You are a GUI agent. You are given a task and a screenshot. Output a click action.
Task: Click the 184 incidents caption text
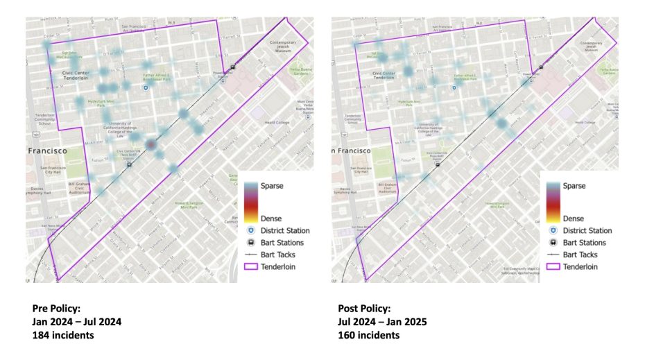coord(64,335)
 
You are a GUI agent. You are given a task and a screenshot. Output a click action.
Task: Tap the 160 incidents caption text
coord(368,335)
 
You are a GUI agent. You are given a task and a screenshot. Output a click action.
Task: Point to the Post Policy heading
coord(364,308)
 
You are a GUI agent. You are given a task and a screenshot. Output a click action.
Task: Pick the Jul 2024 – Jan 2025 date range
coord(382,322)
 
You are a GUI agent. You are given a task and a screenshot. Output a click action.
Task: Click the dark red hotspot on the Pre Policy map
coord(151,144)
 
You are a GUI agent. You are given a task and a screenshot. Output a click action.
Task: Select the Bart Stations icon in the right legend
coord(553,243)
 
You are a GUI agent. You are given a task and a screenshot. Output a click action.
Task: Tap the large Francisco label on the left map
coord(47,150)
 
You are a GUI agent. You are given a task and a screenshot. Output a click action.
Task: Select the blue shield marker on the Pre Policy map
coord(145,89)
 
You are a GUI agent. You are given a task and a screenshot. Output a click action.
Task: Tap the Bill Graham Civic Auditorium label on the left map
coord(79,187)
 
